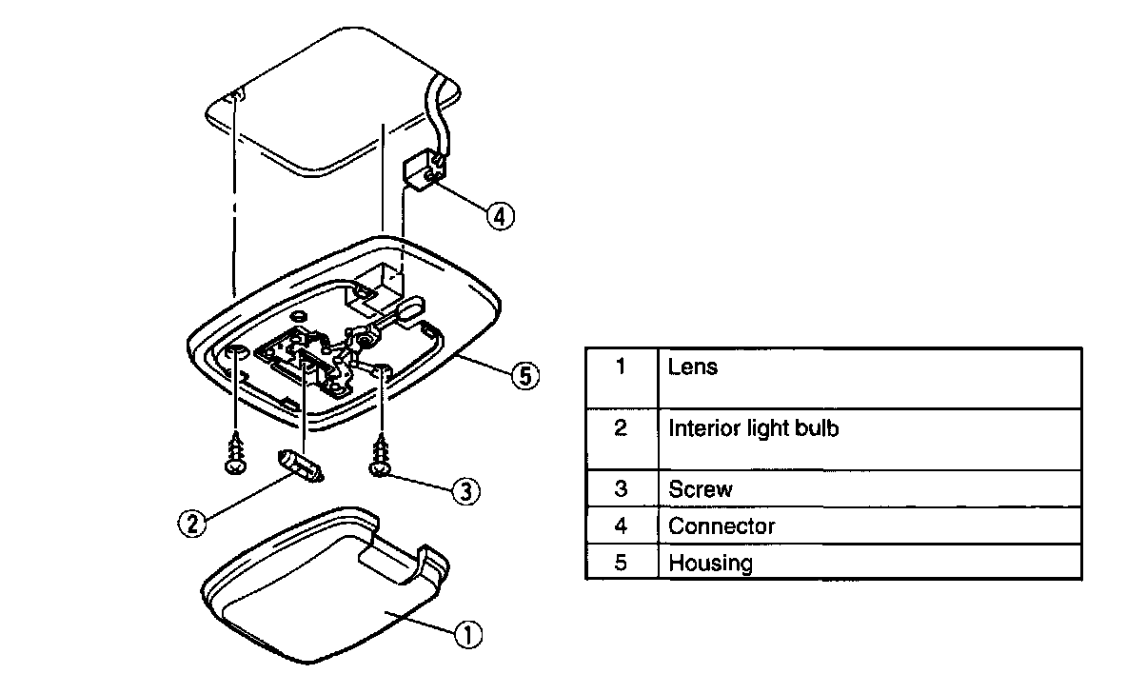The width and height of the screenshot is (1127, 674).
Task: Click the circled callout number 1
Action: coord(467,634)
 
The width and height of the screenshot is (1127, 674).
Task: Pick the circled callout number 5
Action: coord(523,376)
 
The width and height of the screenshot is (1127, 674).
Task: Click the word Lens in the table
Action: coord(693,367)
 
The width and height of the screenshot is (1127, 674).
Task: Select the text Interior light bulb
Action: coord(754,428)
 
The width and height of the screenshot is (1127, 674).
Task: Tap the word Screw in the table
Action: coord(701,489)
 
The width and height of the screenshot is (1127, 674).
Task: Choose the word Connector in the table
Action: coord(722,525)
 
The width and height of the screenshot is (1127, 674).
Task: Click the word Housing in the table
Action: coord(710,562)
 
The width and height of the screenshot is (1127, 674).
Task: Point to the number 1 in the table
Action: coord(621,367)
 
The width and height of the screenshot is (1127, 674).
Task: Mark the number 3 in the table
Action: coord(621,489)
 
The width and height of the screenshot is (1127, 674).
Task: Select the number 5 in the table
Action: coord(621,562)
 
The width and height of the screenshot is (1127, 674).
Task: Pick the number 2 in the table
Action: coord(621,428)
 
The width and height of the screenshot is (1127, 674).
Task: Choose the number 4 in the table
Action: coord(621,525)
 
